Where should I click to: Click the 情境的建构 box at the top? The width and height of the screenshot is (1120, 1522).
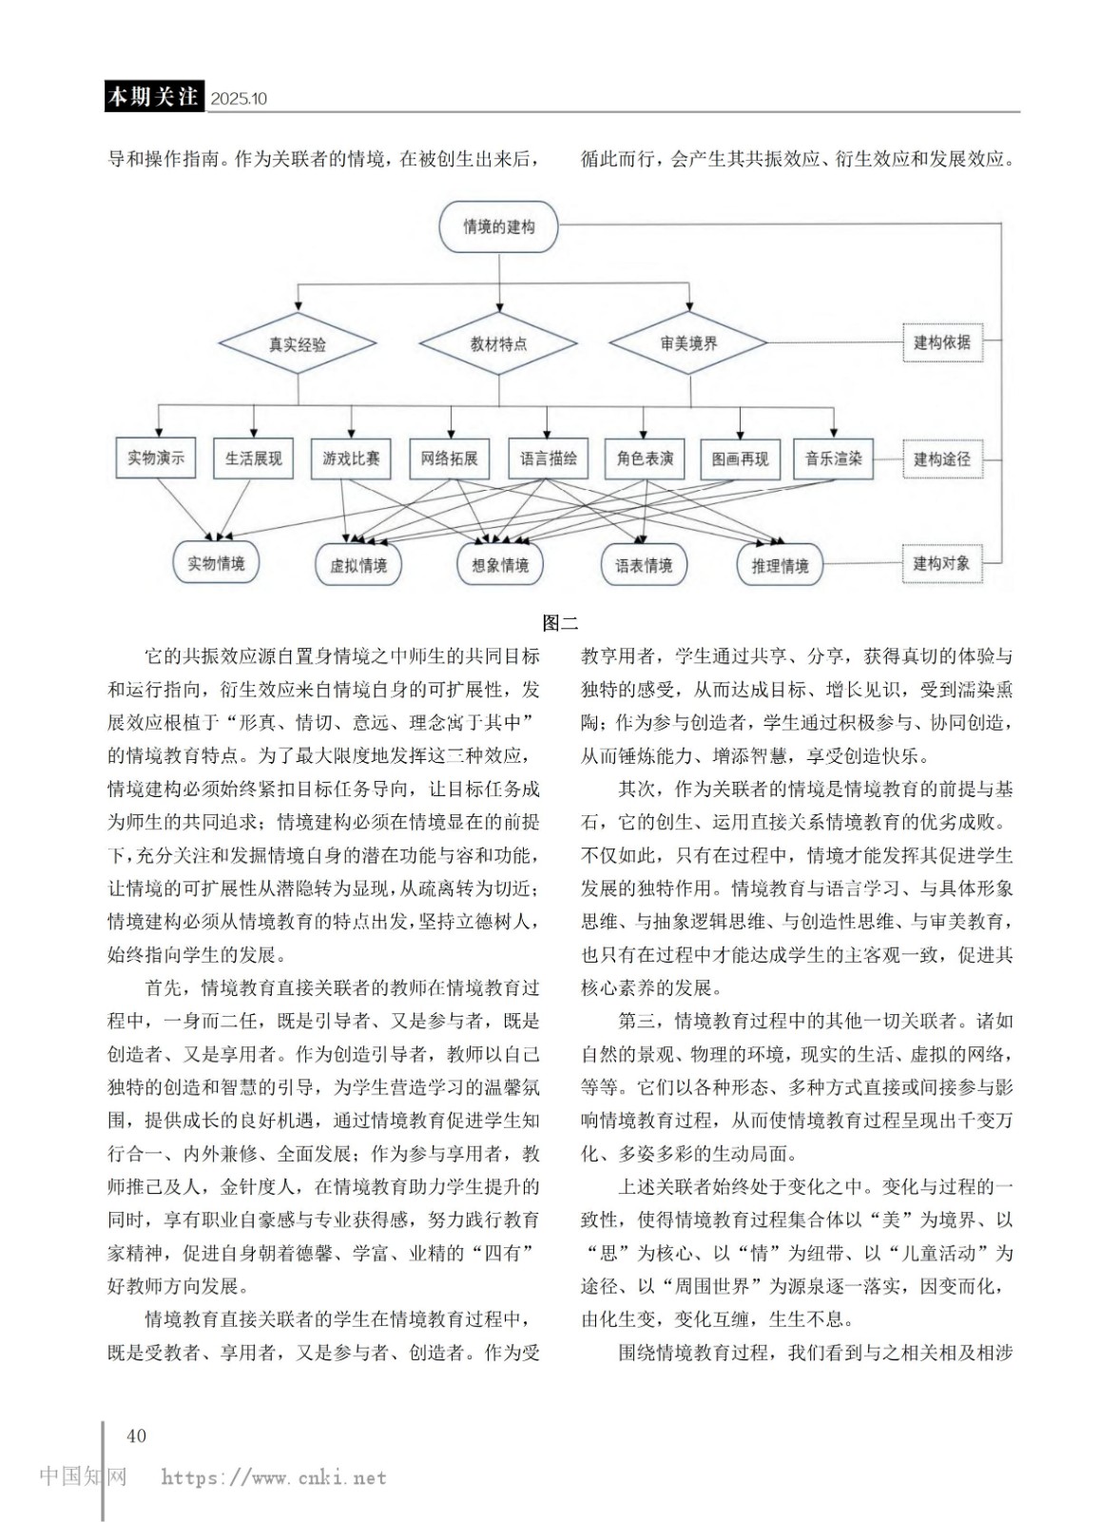tap(498, 226)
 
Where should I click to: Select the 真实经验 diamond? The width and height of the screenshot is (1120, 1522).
tap(298, 344)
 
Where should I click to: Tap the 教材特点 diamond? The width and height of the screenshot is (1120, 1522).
tap(498, 344)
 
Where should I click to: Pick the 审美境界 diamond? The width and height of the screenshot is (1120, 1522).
tap(688, 343)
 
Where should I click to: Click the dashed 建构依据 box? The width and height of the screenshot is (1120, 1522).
tap(941, 342)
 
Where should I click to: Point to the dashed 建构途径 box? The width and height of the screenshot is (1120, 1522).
tap(941, 459)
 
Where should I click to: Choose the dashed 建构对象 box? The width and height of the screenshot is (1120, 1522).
tap(941, 563)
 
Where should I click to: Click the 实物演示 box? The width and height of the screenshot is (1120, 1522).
tap(156, 459)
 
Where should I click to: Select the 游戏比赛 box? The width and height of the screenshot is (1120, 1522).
tap(351, 459)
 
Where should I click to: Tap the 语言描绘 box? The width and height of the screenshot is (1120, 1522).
tap(548, 459)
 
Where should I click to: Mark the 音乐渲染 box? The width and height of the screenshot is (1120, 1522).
tap(833, 459)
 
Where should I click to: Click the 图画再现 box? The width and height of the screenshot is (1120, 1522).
tap(740, 459)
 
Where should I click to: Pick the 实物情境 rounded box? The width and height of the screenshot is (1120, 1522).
tap(216, 563)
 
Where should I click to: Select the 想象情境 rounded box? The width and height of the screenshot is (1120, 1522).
tap(500, 565)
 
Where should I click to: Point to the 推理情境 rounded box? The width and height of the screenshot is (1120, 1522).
tap(780, 565)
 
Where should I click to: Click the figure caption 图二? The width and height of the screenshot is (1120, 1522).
tap(560, 624)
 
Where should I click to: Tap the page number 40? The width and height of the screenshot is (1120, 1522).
tap(136, 1435)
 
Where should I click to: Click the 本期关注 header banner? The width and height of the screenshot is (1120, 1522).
tap(153, 97)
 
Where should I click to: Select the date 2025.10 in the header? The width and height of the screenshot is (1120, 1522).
tap(239, 99)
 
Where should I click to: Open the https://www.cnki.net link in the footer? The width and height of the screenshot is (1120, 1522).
tap(274, 1478)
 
